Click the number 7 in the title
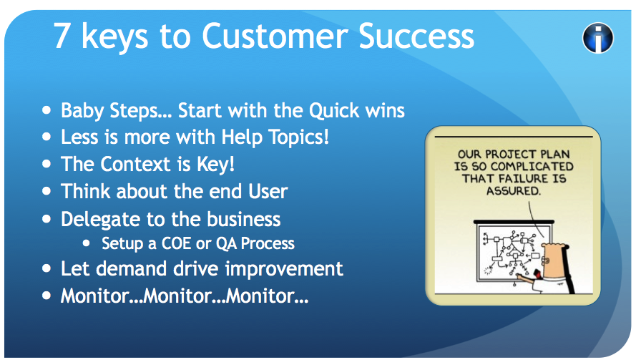[x=63, y=36]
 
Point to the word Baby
[x=80, y=111]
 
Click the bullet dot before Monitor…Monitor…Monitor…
[x=47, y=296]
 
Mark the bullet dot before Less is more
[x=47, y=137]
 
